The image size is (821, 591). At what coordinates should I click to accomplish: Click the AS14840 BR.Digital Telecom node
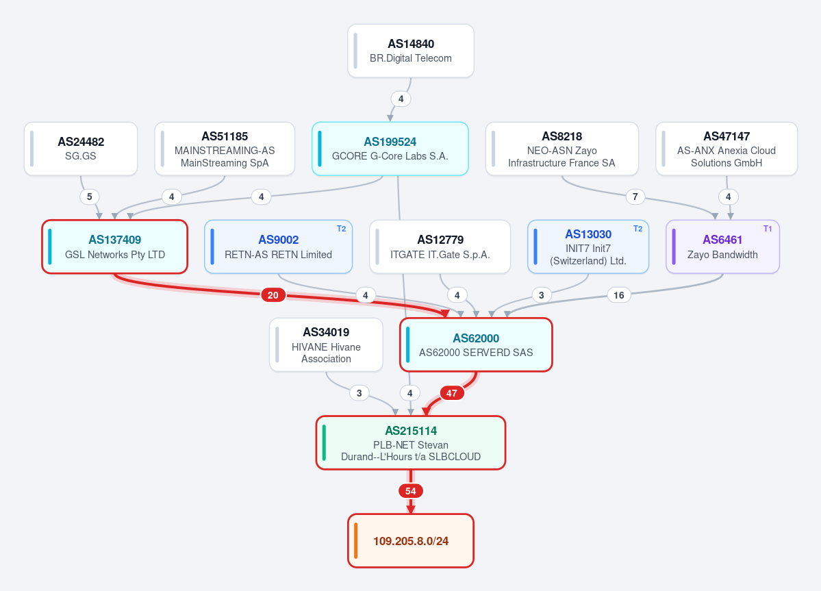click(411, 51)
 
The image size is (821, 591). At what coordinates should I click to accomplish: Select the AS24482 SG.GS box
click(81, 149)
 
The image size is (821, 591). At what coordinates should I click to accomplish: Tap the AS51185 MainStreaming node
click(225, 149)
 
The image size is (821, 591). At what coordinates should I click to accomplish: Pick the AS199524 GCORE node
click(390, 149)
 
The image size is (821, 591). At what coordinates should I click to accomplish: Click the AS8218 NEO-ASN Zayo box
click(561, 149)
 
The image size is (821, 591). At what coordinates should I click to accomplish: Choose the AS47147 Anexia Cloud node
click(727, 149)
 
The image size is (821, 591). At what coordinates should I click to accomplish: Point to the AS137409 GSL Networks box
click(114, 247)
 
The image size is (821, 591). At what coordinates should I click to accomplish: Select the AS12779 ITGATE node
click(440, 247)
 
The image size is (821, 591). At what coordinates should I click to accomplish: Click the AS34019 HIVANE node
click(326, 345)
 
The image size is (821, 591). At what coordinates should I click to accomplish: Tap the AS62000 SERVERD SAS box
click(476, 345)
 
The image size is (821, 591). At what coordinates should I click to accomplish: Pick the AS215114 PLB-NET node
click(411, 443)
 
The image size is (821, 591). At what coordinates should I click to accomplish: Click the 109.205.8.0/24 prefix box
click(411, 541)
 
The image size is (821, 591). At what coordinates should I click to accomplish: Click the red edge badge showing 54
click(411, 491)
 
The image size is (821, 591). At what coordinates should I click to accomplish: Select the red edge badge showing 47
click(452, 393)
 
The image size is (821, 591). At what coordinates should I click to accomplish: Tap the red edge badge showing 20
click(273, 295)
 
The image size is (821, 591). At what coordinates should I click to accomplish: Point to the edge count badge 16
click(619, 295)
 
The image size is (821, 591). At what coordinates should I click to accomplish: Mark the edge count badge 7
click(635, 197)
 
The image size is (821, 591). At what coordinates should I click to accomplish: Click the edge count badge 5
click(90, 197)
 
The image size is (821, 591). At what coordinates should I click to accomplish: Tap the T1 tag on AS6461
click(768, 229)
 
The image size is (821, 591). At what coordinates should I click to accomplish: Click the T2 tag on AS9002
click(342, 229)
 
